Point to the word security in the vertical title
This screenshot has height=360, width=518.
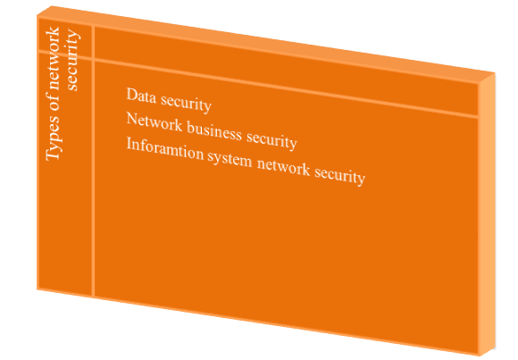click(x=72, y=60)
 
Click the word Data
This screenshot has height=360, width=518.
click(x=141, y=96)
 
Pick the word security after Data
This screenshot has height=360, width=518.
click(x=186, y=104)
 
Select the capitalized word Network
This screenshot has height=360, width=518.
click(x=155, y=121)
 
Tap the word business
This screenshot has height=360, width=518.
click(x=214, y=131)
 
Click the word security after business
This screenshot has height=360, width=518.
click(x=272, y=141)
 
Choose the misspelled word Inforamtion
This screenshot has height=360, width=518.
click(x=165, y=149)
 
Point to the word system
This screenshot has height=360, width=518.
click(x=230, y=160)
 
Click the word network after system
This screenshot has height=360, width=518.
click(x=283, y=167)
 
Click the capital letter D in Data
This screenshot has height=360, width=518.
click(x=132, y=94)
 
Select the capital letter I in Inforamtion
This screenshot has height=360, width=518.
click(x=129, y=144)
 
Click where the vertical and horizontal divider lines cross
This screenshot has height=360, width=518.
click(x=93, y=60)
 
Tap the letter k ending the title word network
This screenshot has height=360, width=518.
click(x=53, y=31)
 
